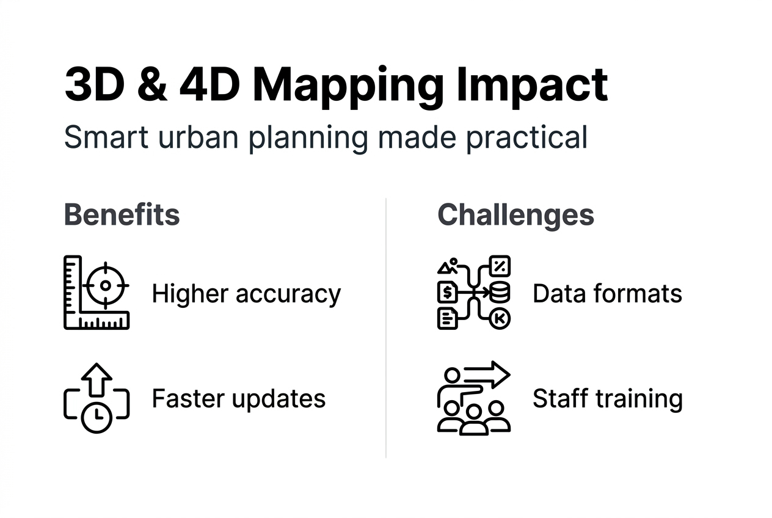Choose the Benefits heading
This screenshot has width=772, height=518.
coord(122,215)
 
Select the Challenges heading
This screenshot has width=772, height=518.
coord(515,215)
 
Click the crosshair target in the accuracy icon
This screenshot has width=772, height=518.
coord(106,285)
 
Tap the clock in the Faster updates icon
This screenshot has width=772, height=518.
coord(96,417)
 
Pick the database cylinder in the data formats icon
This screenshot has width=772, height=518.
coord(500,293)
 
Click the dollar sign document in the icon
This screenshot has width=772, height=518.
coord(447,293)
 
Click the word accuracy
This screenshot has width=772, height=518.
coord(288,294)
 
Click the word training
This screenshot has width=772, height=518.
coord(638,399)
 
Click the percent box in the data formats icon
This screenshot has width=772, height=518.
coord(500,266)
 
